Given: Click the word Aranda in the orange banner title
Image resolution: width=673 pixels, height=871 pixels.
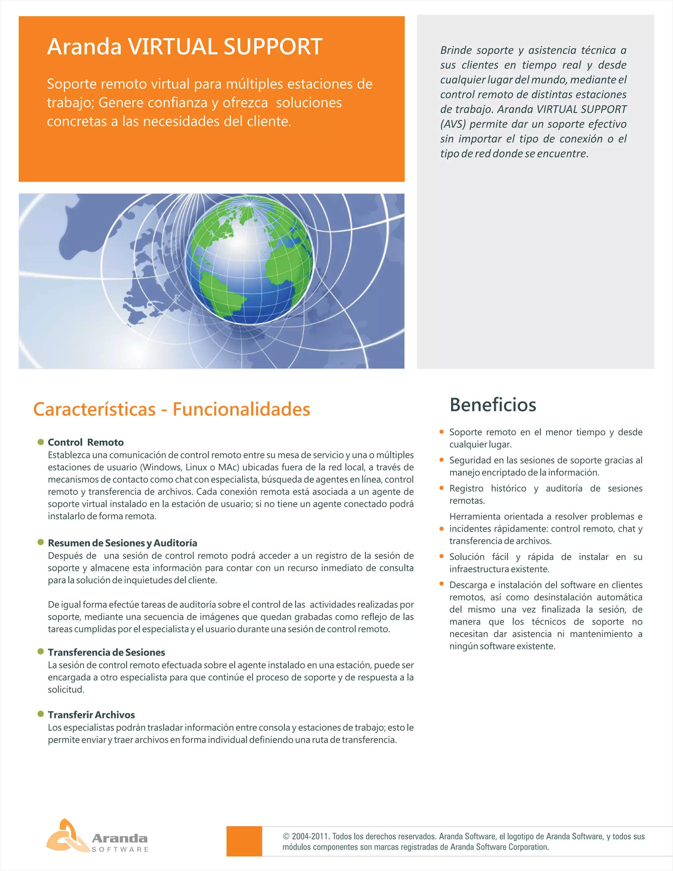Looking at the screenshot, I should coord(84,47).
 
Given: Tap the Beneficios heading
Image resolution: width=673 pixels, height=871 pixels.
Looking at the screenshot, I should coord(493,405).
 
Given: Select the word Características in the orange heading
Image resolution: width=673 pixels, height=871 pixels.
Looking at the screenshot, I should coord(95,410).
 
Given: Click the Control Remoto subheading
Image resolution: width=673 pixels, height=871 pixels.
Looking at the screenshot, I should coord(86,442).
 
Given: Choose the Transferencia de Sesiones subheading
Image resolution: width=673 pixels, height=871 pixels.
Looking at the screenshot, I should coord(106,652).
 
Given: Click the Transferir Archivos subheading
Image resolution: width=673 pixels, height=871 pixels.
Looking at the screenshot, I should coord(91,715).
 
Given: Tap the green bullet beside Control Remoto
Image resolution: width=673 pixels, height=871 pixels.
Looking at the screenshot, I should coord(41,442).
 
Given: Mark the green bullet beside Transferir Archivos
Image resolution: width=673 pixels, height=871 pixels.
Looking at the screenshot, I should coord(41,714).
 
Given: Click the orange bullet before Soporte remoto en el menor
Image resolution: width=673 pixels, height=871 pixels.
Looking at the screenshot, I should coord(441,432).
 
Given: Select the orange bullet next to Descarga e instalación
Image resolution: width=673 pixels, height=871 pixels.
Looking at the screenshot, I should coord(441,584).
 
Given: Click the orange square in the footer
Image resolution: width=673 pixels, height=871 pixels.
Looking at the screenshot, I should coord(244,841).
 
